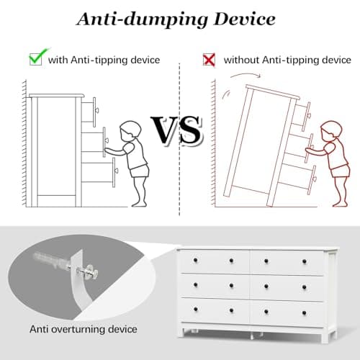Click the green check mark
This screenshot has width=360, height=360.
click(38, 57)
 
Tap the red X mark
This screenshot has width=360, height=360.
click(209, 60)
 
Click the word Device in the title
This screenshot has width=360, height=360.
click(244, 19)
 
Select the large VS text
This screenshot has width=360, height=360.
click(176, 130)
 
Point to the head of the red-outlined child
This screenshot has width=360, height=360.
click(331, 131)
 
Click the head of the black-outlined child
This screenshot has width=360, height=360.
click(130, 131)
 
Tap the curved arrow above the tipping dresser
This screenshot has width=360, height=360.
click(246, 75)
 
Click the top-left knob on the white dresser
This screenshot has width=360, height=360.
click(195, 260)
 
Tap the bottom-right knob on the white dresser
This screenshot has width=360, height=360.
click(304, 313)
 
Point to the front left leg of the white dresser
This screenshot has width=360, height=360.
click(186, 333)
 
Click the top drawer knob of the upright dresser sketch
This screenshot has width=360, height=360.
click(97, 110)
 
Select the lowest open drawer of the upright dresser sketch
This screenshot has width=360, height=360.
click(99, 172)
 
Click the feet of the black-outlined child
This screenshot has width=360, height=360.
click(139, 204)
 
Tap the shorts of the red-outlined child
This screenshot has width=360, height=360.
click(340, 171)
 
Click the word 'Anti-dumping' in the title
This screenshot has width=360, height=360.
click(143, 19)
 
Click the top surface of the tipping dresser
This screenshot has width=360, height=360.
click(273, 92)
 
